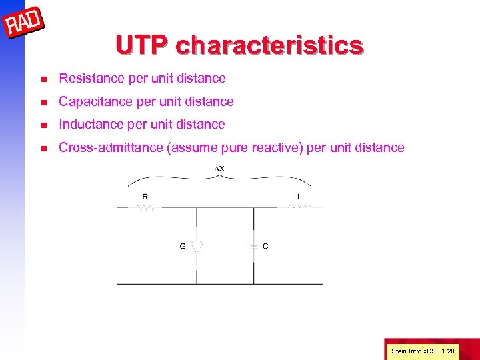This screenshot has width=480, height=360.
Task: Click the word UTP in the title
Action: pyautogui.click(x=141, y=45)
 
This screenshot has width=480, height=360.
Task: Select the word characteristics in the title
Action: pyautogui.click(x=269, y=45)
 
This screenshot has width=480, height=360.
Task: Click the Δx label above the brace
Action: pyautogui.click(x=219, y=168)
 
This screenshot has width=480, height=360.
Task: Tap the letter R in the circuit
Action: pyautogui.click(x=146, y=197)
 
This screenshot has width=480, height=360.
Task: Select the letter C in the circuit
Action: pyautogui.click(x=266, y=246)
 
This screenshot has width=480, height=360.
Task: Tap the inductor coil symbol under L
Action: pyautogui.click(x=299, y=207)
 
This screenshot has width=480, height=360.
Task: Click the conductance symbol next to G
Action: pyautogui.click(x=197, y=246)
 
